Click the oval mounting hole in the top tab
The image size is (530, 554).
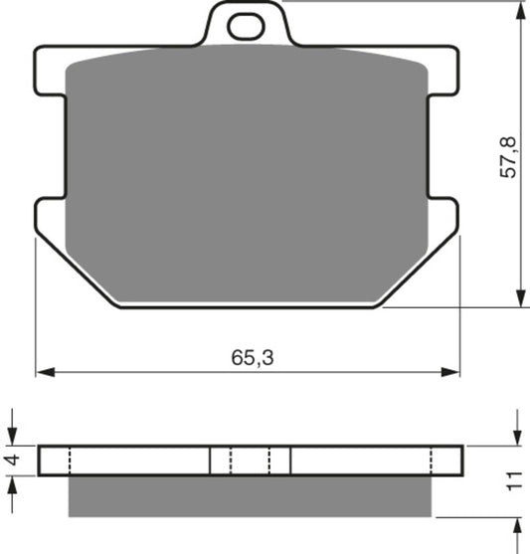(246, 27)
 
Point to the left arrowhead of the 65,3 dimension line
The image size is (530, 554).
(43, 374)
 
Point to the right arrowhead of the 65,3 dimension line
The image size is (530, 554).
(454, 374)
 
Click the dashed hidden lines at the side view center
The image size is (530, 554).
(251, 461)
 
